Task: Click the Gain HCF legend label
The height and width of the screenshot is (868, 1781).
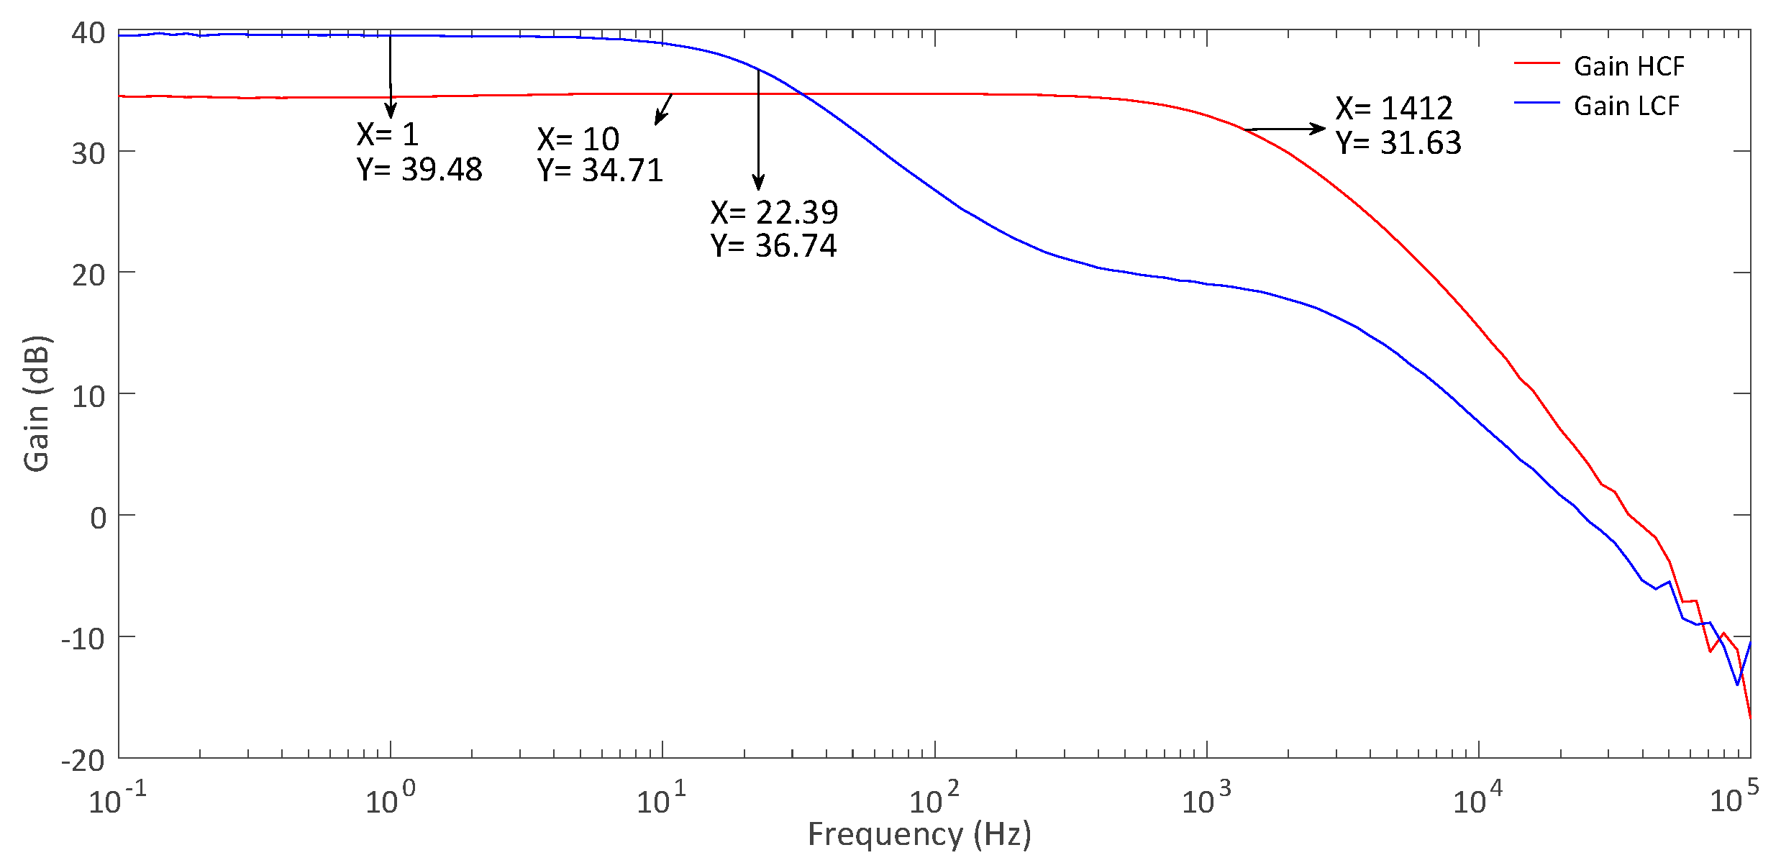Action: pos(1629,66)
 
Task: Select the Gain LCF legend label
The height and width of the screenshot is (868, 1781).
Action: pos(1626,106)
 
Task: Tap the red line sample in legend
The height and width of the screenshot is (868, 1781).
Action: pos(1536,63)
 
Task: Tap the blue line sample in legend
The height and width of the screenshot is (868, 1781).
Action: pos(1536,103)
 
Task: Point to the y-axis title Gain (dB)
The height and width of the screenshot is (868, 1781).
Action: pos(36,403)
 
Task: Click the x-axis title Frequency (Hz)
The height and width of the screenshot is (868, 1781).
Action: pos(919,834)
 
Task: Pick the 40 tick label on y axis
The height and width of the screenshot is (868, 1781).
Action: pos(88,32)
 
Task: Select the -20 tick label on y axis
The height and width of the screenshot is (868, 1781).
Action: pos(83,760)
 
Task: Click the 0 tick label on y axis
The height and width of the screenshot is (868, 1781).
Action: pos(98,517)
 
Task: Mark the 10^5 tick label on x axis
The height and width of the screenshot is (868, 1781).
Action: pos(1734,798)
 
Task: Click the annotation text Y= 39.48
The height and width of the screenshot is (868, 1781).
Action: pos(419,170)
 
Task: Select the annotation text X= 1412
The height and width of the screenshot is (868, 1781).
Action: pos(1394,109)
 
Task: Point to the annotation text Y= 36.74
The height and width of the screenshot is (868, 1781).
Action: pos(774,246)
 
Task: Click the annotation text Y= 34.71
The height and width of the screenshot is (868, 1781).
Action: pos(600,170)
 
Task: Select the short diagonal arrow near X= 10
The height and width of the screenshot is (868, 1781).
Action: pos(663,110)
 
